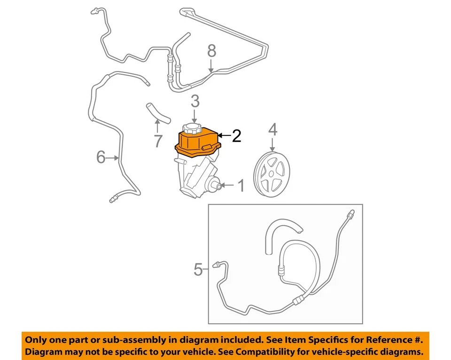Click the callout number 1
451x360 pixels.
(x=241, y=186)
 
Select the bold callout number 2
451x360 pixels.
(x=236, y=136)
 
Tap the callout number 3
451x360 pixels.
(x=195, y=101)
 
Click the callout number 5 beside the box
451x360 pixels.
(x=199, y=270)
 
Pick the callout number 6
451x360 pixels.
(x=101, y=157)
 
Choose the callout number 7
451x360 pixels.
(x=157, y=141)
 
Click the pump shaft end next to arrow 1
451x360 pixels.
(x=218, y=186)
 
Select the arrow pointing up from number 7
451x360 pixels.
(x=157, y=126)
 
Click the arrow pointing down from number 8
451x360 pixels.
(x=211, y=66)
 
